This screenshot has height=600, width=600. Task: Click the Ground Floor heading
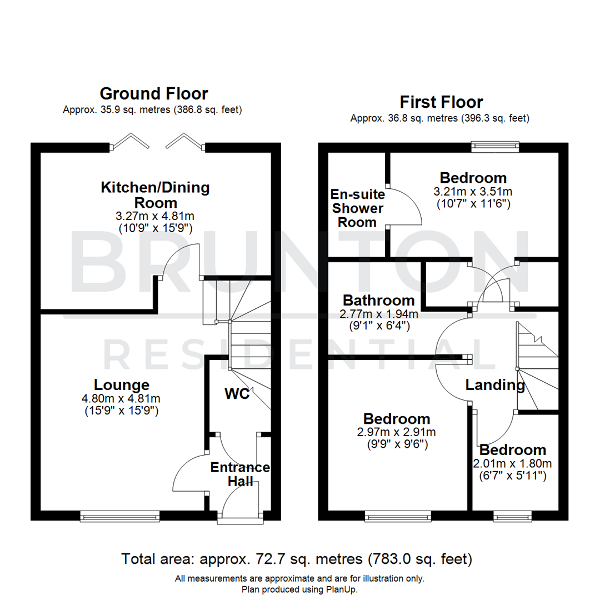[x=154, y=93]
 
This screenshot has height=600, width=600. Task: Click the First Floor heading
[x=433, y=102]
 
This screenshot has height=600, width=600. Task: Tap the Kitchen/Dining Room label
[x=155, y=195]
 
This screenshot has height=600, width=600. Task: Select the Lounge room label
[x=122, y=384]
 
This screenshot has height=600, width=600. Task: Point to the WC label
[x=237, y=394]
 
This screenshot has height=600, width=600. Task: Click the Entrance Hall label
[x=240, y=474]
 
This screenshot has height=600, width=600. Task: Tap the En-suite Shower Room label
[x=357, y=208]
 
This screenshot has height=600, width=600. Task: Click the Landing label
[x=495, y=384]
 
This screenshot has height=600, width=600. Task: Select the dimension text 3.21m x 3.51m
[x=473, y=191]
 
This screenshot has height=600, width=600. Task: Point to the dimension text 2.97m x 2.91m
[x=396, y=432]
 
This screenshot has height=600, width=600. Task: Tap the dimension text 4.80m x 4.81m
[x=121, y=398]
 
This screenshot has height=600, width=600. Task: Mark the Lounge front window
[x=120, y=517]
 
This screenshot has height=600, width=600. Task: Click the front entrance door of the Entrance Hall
[x=240, y=519]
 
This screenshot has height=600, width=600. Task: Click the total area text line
[x=297, y=558]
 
